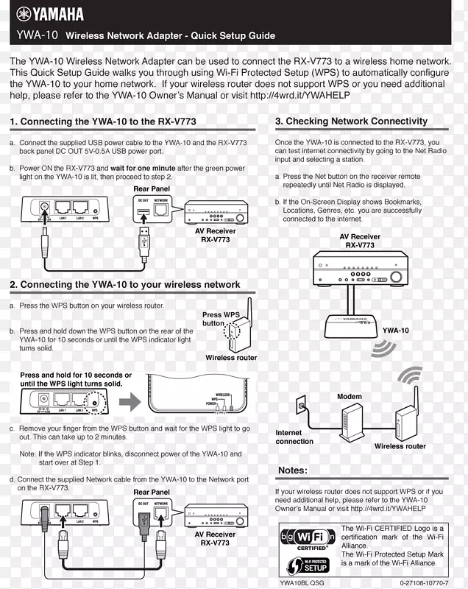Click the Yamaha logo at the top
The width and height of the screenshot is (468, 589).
coord(50,14)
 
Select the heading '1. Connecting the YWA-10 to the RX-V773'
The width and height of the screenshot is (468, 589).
coord(103,121)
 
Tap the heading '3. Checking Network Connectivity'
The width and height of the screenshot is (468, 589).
coord(351,121)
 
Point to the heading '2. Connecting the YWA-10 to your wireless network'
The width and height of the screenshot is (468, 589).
coord(125,284)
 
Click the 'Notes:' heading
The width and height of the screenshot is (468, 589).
coord(293,470)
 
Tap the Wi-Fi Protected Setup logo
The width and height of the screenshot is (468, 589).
coord(308,565)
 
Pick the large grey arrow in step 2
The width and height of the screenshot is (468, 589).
coord(130,403)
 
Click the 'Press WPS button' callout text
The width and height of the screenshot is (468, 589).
coord(220,319)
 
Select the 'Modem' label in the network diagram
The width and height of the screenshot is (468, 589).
coord(350,397)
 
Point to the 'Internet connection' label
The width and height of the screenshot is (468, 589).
coord(294,437)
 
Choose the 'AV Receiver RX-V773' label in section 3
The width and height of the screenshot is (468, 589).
coord(360,241)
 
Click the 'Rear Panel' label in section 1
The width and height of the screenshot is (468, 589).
coord(152,189)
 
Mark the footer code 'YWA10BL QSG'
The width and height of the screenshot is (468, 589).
coord(302,582)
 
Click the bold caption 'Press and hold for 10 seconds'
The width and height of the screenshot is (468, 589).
coord(76,375)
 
